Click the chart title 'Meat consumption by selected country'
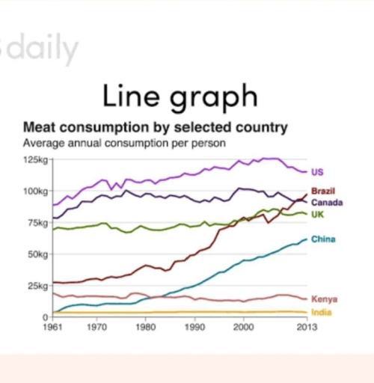tap(155, 127)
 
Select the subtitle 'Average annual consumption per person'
tap(125, 142)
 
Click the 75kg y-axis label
tap(37, 223)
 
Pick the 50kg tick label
tap(37, 254)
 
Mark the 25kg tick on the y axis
tap(37, 286)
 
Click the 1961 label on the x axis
tap(52, 327)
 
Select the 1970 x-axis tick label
tap(96, 327)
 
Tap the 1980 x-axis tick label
tap(145, 327)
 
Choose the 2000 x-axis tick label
tap(242, 327)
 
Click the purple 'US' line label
tap(317, 172)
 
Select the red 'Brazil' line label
tap(323, 191)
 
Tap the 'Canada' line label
tap(326, 203)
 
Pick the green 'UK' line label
tap(317, 215)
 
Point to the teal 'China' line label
tap(323, 239)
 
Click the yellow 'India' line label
tap(322, 312)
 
